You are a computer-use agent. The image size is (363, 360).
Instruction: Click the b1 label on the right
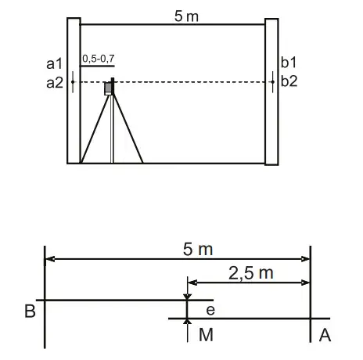(288, 63)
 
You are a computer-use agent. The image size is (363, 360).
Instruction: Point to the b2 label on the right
(288, 81)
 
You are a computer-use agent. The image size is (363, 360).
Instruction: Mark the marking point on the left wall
(73, 81)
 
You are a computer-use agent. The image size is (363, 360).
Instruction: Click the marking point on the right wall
(271, 81)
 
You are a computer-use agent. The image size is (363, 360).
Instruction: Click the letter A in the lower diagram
(324, 335)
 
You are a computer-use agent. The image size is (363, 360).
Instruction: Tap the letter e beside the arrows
(210, 310)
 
